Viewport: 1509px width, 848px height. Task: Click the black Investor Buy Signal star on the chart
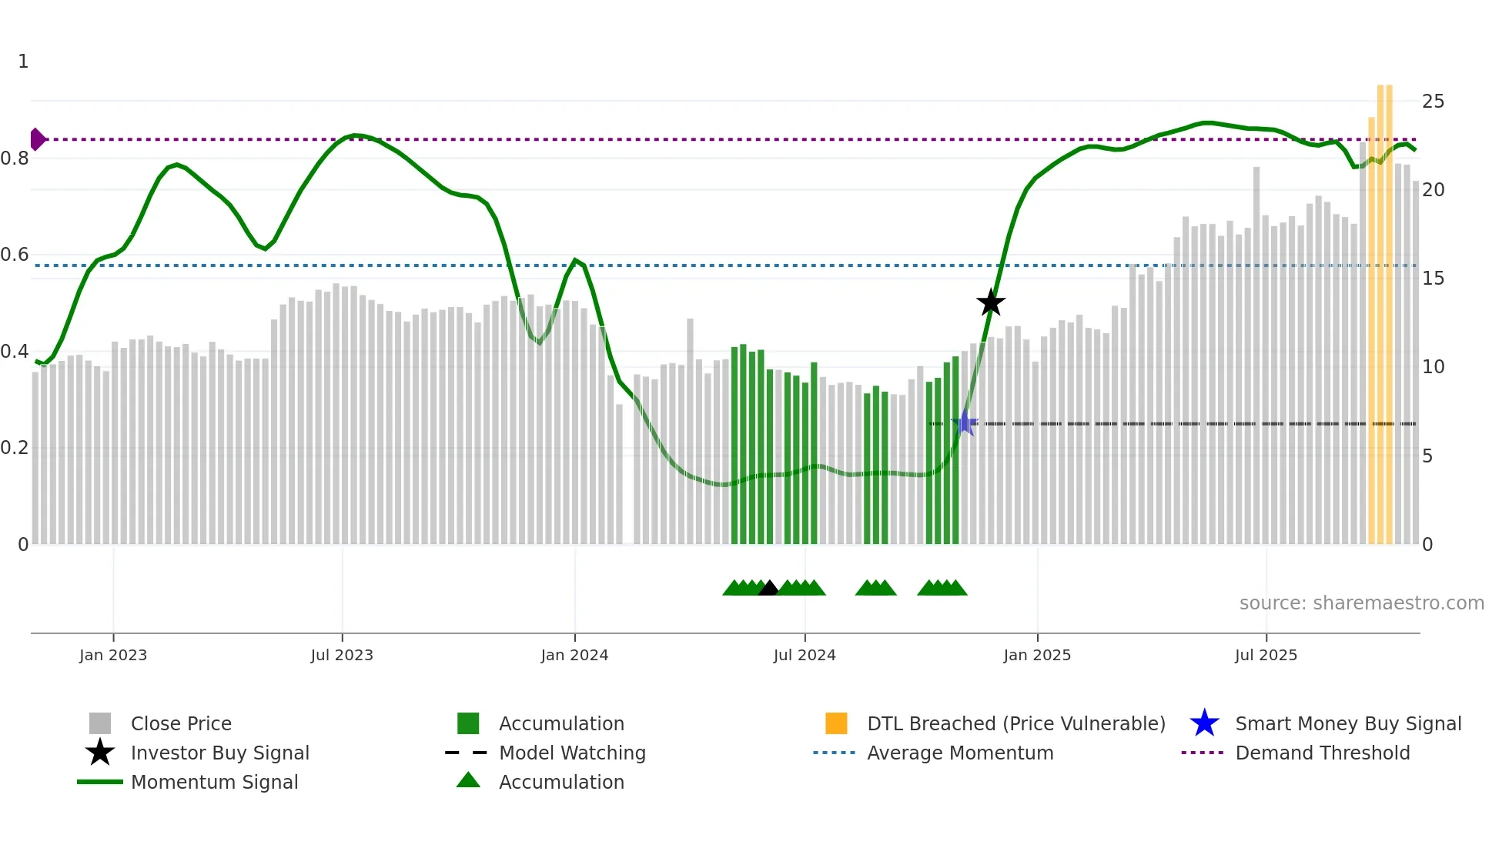pyautogui.click(x=991, y=302)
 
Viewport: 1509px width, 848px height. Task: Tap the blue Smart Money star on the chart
pyautogui.click(x=964, y=422)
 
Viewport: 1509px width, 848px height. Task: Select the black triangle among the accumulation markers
pyautogui.click(x=768, y=588)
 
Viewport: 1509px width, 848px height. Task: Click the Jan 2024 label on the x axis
pyautogui.click(x=574, y=656)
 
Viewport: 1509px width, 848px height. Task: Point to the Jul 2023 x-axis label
pyautogui.click(x=342, y=656)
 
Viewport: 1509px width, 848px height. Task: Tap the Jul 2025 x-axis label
pyautogui.click(x=1266, y=656)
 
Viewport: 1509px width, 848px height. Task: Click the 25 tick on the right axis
pyautogui.click(x=1433, y=102)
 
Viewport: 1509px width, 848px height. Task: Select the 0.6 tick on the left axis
pyautogui.click(x=15, y=255)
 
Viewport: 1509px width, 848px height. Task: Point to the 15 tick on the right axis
pyautogui.click(x=1433, y=279)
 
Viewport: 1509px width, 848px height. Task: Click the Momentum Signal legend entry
pyautogui.click(x=214, y=783)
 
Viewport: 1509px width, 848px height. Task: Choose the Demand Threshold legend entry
pyautogui.click(x=1322, y=753)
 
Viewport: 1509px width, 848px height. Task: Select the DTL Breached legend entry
pyautogui.click(x=1015, y=724)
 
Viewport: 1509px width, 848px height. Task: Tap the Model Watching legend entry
pyautogui.click(x=572, y=753)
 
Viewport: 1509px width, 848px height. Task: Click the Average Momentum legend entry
pyautogui.click(x=960, y=753)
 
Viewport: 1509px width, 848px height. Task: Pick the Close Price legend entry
pyautogui.click(x=181, y=724)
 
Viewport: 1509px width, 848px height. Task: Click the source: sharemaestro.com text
pyautogui.click(x=1361, y=603)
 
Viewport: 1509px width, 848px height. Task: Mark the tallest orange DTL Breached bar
pyautogui.click(x=1385, y=308)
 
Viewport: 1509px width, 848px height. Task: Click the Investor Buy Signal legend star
pyautogui.click(x=100, y=753)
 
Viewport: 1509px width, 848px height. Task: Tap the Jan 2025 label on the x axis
pyautogui.click(x=1037, y=656)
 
